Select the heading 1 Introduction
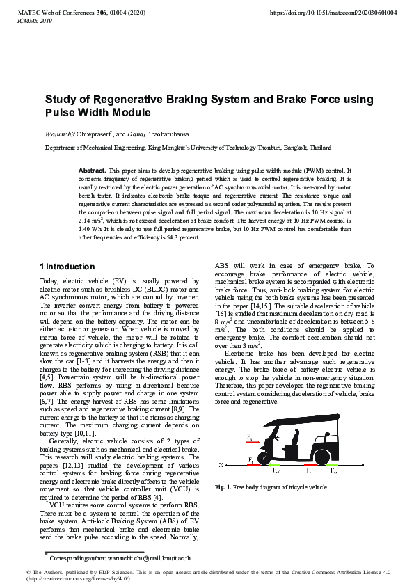[x=67, y=267]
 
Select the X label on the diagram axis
[x=221, y=464]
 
